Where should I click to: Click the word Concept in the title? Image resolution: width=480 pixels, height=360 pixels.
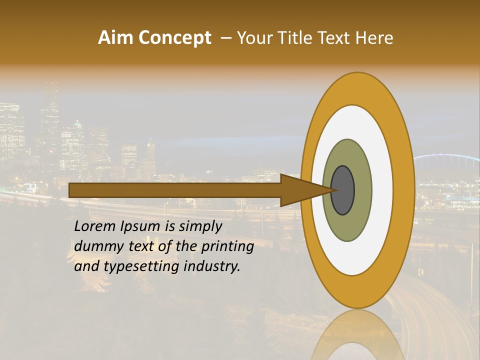coord(175,38)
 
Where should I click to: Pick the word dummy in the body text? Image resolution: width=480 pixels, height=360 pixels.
coord(95,246)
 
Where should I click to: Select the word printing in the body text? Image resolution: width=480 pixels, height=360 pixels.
coord(227,247)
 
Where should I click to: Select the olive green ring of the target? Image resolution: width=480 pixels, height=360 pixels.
coord(362,190)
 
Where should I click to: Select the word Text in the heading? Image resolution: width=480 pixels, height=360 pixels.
coord(336,38)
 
